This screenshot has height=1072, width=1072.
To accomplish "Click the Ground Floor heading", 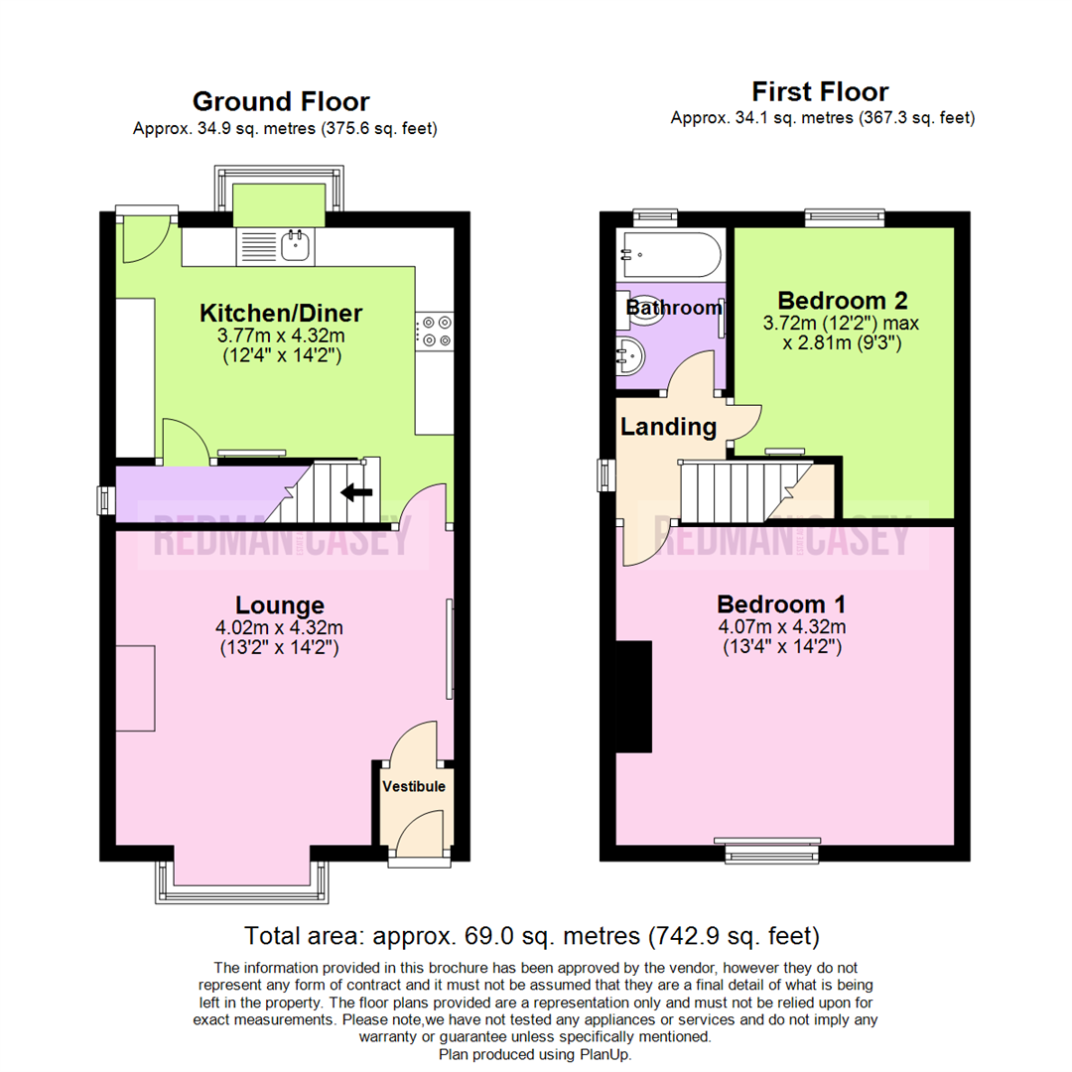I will click(281, 101).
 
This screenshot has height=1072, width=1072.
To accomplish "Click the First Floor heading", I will click(820, 92).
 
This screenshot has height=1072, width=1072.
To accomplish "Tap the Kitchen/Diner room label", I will click(281, 314).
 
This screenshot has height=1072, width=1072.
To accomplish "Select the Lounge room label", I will click(280, 604).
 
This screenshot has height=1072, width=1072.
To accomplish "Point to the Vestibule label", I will click(414, 787).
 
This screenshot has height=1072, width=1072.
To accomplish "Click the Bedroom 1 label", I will click(781, 603).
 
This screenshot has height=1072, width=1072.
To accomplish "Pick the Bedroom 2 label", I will click(843, 300).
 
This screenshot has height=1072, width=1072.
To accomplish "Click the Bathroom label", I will click(674, 308).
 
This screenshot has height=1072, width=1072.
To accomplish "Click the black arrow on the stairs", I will click(357, 491).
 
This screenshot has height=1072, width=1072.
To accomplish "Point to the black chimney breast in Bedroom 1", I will click(633, 696).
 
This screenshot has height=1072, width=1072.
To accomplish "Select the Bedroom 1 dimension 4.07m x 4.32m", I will click(781, 627).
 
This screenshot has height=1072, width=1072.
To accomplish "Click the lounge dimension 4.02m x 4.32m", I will click(280, 628).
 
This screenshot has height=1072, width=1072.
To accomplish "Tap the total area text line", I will click(532, 935).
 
